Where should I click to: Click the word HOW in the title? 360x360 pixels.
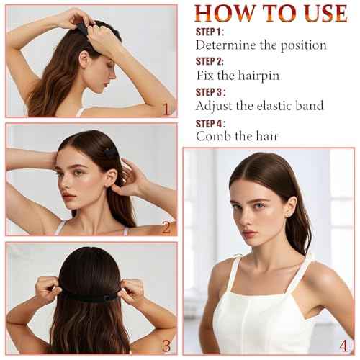tap(225, 14)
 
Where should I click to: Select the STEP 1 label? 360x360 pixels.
tap(210, 32)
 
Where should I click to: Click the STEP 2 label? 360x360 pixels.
tap(210, 62)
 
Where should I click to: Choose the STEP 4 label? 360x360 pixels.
tap(211, 122)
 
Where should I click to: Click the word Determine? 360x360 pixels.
tap(229, 45)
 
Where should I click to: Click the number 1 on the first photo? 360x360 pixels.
tap(166, 109)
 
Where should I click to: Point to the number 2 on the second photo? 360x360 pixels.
tap(166, 228)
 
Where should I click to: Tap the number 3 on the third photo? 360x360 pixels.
tap(166, 345)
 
